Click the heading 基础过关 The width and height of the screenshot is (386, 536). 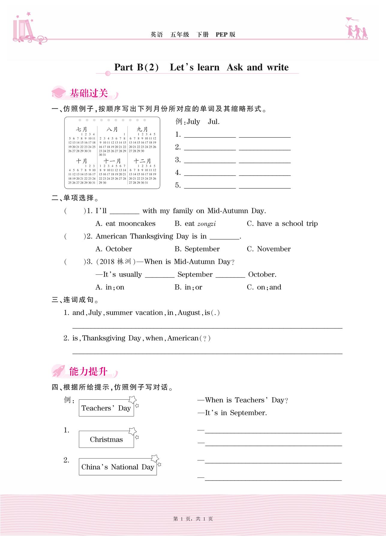tap(89, 93)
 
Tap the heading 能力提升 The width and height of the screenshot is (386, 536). tap(88, 372)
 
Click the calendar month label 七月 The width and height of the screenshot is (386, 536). tap(81, 129)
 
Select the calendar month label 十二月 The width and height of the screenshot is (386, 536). tap(142, 161)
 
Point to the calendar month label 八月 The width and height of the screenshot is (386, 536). tap(112, 129)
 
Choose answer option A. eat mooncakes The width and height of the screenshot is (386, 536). tap(125, 224)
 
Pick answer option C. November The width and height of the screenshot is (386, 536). tap(268, 249)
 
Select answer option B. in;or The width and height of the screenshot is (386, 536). tap(188, 287)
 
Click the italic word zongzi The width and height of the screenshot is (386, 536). tap(206, 224)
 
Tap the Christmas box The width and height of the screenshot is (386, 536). tap(106, 440)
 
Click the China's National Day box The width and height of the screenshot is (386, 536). tap(118, 467)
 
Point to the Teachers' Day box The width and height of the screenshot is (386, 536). tap(106, 408)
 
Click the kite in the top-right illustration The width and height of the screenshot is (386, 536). tap(351, 20)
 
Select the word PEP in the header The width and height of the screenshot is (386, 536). tap(222, 34)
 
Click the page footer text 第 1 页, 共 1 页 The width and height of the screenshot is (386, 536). tap(193, 519)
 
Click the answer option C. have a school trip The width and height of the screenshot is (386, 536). tap(282, 224)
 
